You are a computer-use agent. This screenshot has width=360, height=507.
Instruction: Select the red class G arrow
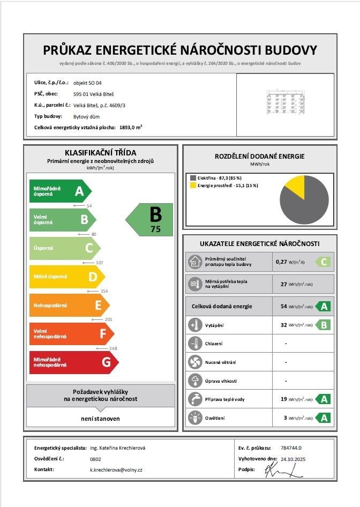(x=75, y=362)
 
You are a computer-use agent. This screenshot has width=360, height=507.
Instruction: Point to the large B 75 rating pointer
(x=151, y=219)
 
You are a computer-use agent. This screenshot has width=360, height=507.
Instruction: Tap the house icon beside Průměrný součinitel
(x=194, y=262)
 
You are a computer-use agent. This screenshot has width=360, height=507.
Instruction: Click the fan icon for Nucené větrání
(x=194, y=362)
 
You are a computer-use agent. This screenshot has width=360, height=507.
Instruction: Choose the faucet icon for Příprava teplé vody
(x=194, y=399)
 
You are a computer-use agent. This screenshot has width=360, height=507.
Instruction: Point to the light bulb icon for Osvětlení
(x=194, y=417)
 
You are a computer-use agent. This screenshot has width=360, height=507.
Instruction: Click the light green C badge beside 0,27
(x=323, y=262)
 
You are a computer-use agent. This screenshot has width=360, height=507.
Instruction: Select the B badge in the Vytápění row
(x=323, y=325)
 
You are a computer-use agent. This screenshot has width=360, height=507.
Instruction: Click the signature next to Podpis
(x=279, y=471)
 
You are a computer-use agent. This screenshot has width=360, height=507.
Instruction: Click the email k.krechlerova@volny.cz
(x=116, y=469)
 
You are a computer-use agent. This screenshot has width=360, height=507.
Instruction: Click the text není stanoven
(x=101, y=418)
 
